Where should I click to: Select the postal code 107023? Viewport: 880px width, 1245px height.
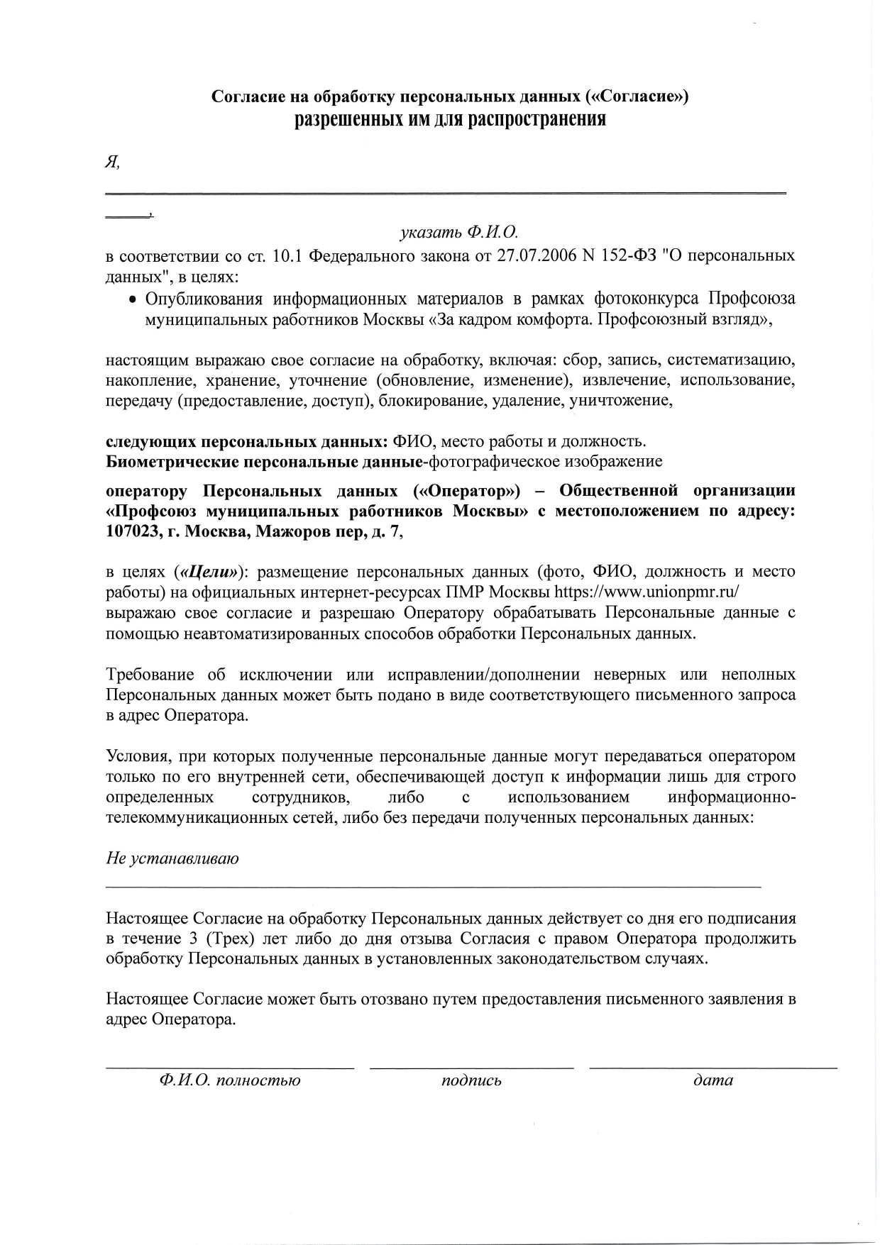point(131,532)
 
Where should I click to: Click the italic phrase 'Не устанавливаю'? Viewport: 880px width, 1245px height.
point(172,858)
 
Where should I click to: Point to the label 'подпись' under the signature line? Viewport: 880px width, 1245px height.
point(471,1080)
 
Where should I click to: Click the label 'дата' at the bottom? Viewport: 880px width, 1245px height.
point(713,1080)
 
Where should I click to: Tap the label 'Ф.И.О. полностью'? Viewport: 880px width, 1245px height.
point(230,1080)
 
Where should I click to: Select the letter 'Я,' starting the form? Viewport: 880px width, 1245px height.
point(112,162)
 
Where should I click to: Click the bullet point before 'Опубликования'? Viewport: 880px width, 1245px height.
point(131,299)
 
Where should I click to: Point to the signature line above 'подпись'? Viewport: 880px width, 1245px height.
point(471,1067)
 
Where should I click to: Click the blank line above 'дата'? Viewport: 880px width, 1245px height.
point(713,1067)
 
